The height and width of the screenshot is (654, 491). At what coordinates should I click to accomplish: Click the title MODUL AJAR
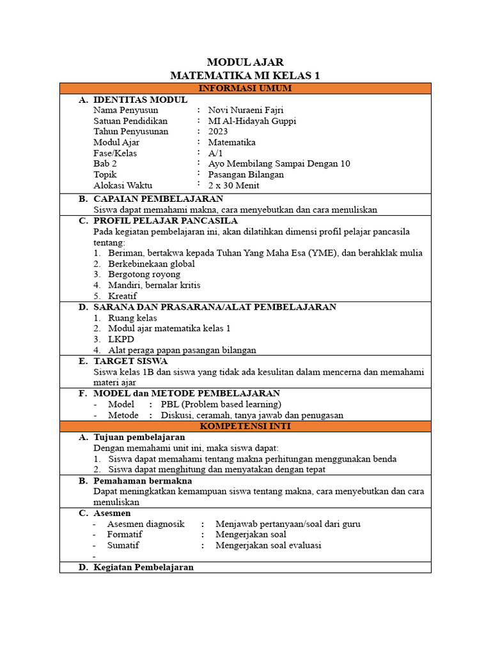[245, 62]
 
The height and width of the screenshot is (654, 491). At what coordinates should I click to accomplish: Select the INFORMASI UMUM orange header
[245, 88]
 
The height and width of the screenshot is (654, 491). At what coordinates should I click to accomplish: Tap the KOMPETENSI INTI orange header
[245, 425]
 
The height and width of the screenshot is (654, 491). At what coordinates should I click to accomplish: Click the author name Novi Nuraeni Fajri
[245, 110]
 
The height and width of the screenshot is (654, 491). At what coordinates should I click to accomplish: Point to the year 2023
[218, 132]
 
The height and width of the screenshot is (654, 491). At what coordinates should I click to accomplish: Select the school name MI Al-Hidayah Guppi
[253, 121]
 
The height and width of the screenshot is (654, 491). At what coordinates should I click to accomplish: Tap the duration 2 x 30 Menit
[234, 185]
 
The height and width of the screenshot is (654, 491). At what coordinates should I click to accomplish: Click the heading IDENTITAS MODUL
[140, 100]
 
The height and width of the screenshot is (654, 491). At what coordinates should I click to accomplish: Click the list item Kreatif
[122, 296]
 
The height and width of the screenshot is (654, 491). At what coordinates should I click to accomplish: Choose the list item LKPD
[121, 339]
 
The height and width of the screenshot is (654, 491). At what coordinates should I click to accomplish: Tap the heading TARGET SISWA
[130, 361]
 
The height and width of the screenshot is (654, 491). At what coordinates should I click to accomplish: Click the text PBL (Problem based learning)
[221, 404]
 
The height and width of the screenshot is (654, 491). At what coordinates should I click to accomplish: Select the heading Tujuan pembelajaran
[139, 437]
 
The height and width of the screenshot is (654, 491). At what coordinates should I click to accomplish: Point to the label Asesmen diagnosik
[146, 524]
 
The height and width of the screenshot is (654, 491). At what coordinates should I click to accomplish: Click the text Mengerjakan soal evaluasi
[269, 545]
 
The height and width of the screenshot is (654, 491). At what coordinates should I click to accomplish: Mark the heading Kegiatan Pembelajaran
[143, 567]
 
